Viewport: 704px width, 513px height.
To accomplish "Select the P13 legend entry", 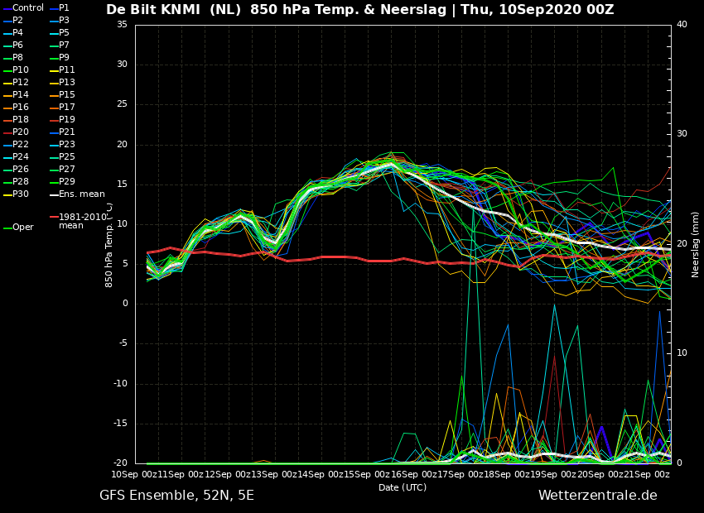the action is point(62,82).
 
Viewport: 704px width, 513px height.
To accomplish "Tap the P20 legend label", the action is point(21,132).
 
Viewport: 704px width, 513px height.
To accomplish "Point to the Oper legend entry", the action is point(18,227).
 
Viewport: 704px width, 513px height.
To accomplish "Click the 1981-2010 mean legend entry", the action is point(79,221).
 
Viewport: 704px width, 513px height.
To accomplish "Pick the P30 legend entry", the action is point(16,194).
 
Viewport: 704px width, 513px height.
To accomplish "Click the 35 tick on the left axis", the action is point(122,24).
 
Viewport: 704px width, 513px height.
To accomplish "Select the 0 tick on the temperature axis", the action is point(125,304).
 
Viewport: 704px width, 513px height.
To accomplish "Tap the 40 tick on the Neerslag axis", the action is point(682,24).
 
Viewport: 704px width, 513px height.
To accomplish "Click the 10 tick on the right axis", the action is point(682,353).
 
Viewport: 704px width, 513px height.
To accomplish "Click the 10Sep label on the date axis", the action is point(125,474).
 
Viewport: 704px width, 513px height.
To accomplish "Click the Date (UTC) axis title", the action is point(403,487).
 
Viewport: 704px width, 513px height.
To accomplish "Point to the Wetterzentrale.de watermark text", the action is point(598,495).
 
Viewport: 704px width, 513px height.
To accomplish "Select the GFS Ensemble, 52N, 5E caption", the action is point(176,496).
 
